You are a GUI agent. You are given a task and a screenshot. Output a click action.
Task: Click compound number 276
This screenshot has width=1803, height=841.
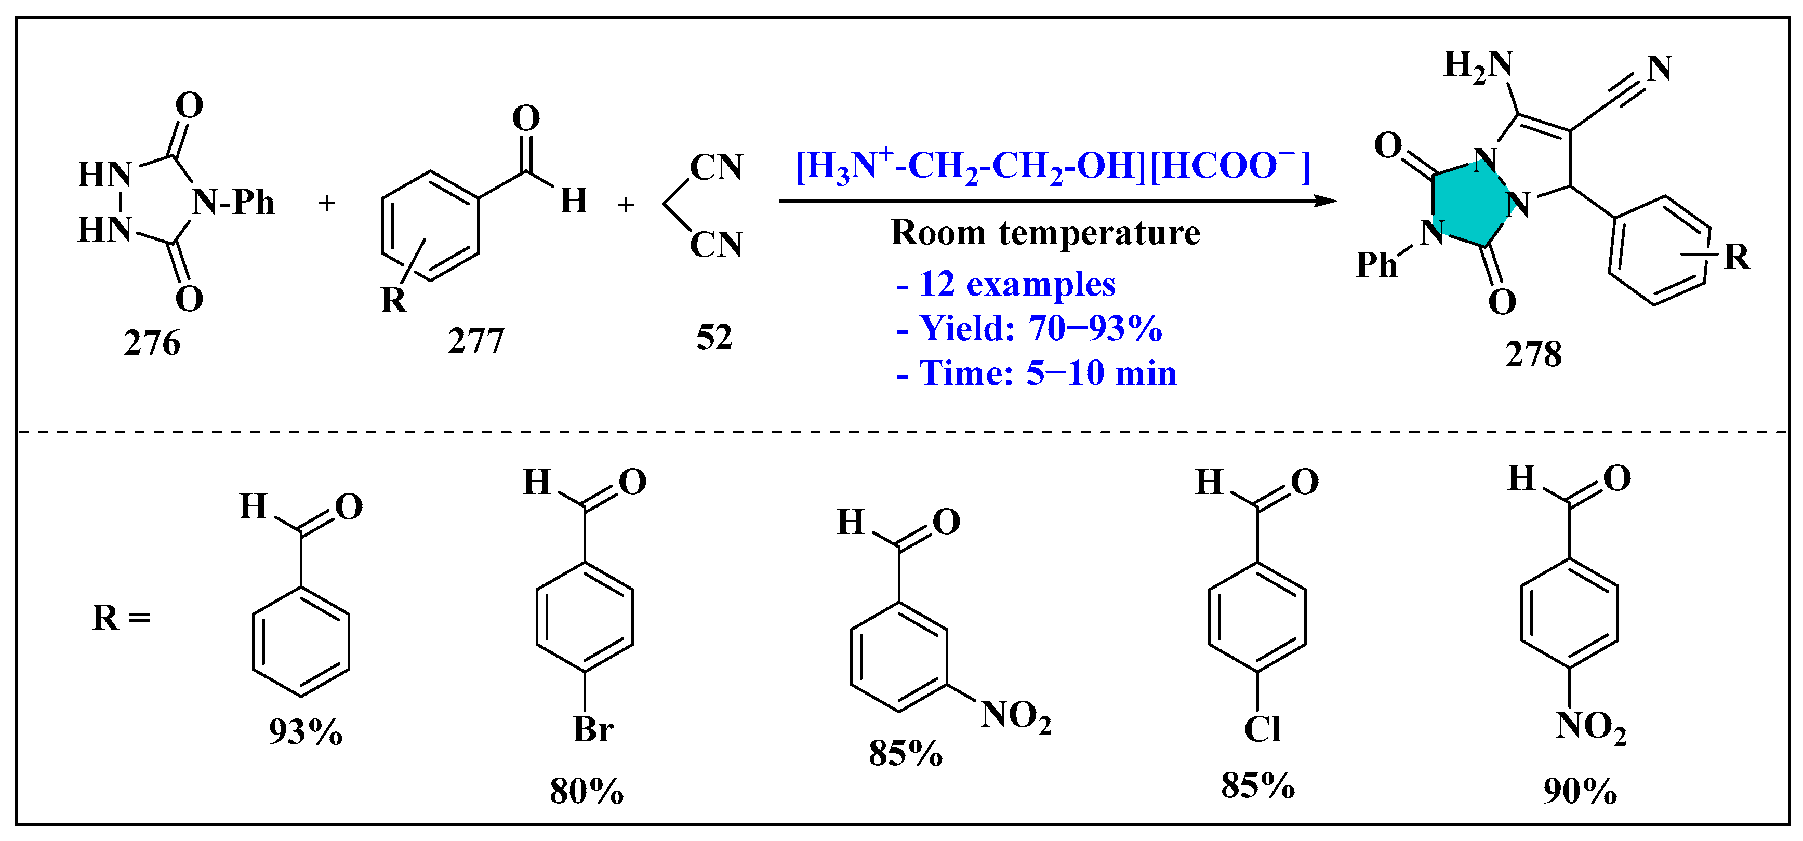pos(152,343)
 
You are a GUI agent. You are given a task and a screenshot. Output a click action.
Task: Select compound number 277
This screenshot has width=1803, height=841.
pos(476,341)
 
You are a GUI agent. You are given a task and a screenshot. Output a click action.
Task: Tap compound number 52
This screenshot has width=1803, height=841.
pos(714,337)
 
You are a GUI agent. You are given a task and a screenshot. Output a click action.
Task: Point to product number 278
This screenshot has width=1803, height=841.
pos(1533,354)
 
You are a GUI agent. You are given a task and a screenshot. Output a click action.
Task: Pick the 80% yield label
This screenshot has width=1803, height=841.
pos(587,791)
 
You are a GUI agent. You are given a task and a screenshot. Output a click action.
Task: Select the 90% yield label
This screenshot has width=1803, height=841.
pos(1580,791)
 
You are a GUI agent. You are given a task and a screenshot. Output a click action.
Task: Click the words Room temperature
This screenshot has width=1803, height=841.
pos(1045,233)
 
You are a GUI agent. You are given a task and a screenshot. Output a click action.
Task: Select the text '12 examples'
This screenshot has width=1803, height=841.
pos(1016,284)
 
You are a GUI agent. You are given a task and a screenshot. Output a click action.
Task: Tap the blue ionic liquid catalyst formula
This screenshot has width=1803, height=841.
pos(1052,168)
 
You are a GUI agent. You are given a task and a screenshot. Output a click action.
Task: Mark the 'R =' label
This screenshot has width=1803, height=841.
pos(121,618)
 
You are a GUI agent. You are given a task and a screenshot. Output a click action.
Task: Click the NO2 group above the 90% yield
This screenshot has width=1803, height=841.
pos(1590,727)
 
